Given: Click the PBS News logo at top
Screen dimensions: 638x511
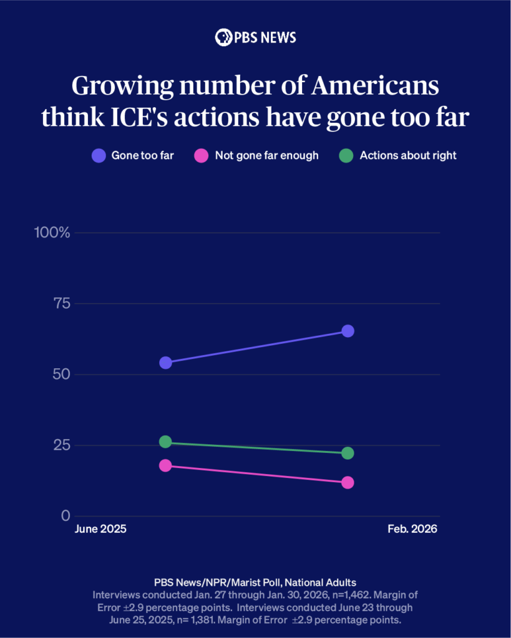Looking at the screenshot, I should (x=255, y=37).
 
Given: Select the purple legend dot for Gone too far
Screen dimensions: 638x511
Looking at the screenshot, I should (x=99, y=156).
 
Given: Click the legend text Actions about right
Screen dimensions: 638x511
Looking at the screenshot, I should (x=408, y=156).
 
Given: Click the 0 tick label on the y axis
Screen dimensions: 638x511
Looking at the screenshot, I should (x=66, y=516).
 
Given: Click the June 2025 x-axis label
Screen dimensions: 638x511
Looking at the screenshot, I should (x=100, y=529).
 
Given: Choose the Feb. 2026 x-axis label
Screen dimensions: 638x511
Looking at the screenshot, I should (x=412, y=529).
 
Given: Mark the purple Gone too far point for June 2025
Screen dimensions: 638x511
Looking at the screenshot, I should (x=165, y=363).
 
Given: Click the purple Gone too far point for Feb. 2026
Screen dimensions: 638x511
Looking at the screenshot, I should (x=348, y=331).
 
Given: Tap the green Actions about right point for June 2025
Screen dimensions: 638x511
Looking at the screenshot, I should (x=165, y=442).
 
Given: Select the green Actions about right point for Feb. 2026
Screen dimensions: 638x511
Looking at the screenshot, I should (x=348, y=453).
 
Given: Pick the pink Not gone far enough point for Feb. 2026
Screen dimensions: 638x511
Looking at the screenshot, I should (x=348, y=483).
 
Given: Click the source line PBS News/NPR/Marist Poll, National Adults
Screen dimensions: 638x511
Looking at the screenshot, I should (x=255, y=582).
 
